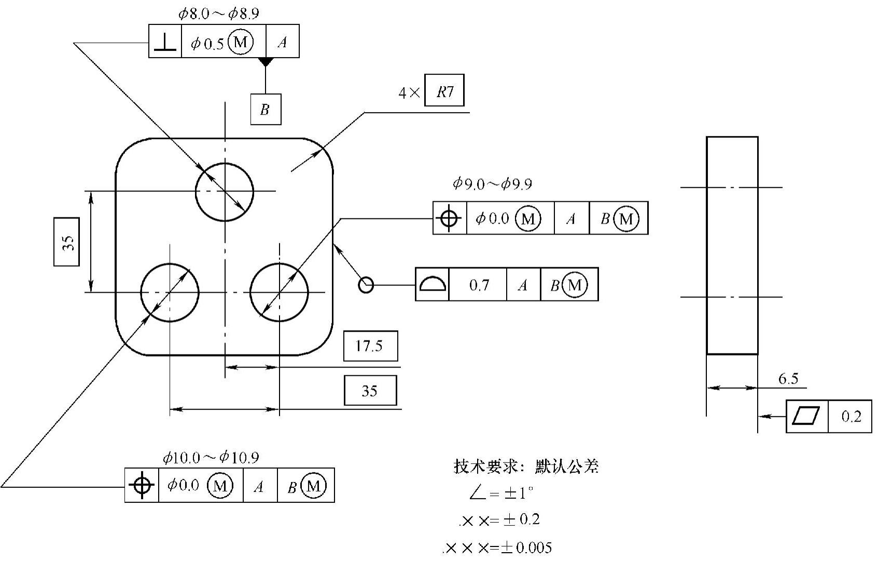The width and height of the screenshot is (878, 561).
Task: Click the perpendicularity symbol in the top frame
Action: (165, 41)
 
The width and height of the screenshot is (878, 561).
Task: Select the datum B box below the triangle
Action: (266, 110)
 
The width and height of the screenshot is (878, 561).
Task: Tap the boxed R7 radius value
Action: (444, 91)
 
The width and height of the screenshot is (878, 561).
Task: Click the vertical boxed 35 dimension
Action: (67, 242)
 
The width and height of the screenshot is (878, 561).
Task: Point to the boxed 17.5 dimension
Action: (370, 346)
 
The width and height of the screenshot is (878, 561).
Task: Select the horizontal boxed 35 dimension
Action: (370, 390)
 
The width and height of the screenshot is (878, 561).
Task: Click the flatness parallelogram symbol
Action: (807, 416)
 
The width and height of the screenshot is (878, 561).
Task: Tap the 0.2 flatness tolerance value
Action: (851, 416)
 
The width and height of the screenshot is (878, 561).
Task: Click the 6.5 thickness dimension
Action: (788, 379)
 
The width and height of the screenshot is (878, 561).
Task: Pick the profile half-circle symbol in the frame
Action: (432, 284)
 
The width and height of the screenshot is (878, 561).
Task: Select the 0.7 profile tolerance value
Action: (478, 284)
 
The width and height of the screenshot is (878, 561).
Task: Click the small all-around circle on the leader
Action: (366, 284)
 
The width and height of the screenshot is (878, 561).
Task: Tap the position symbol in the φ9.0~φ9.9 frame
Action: (449, 218)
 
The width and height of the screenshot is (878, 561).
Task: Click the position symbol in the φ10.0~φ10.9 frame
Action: (142, 485)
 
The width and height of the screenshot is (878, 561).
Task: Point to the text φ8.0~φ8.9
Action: (218, 13)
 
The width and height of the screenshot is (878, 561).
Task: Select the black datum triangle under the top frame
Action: (266, 62)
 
